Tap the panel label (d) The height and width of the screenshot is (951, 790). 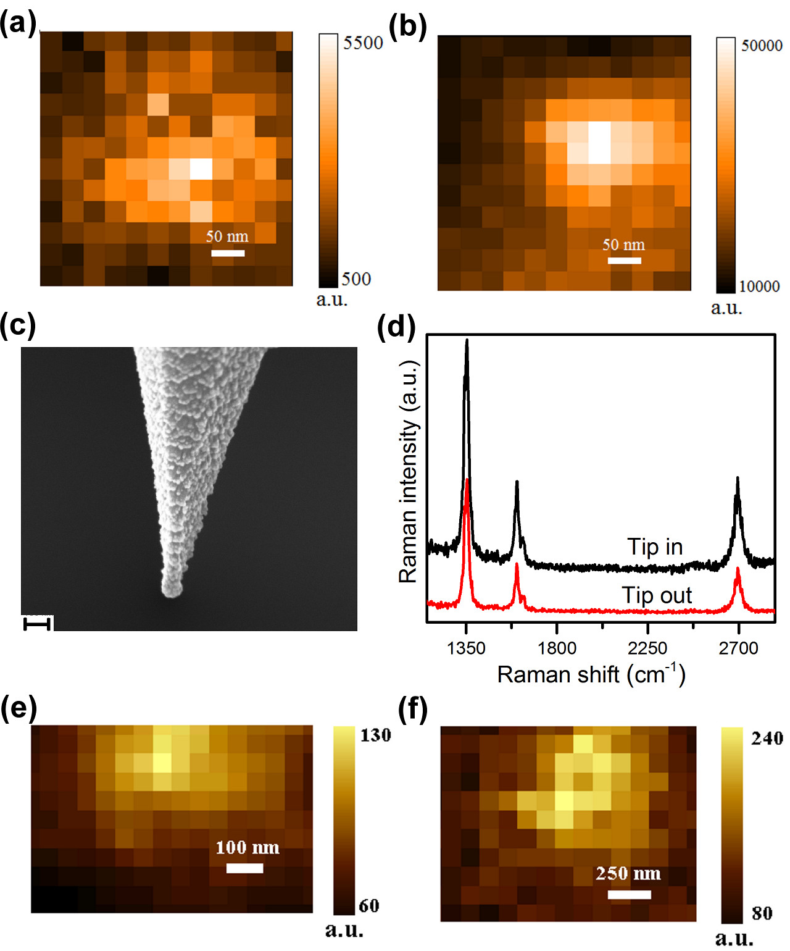coord(396,325)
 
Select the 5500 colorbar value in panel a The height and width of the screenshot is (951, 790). coord(363,43)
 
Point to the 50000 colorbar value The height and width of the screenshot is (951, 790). coord(761,46)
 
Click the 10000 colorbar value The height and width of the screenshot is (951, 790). coord(759,287)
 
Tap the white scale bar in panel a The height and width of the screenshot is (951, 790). coord(228,253)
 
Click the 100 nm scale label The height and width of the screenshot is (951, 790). coord(247,847)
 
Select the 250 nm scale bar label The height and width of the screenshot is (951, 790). coord(628,874)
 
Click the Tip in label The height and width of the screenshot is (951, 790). coord(655,547)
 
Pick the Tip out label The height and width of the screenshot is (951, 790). coord(656,595)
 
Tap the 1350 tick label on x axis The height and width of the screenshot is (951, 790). coord(466,648)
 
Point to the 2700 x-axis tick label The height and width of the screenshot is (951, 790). coord(738,648)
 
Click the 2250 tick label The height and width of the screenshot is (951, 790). coord(647,648)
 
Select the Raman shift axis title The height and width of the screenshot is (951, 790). coord(591,674)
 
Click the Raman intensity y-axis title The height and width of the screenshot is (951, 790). coord(409,472)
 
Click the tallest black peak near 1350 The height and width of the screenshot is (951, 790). coord(467,341)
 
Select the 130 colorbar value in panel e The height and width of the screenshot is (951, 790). coord(375,735)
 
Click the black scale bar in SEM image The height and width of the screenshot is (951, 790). coord(37,624)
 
